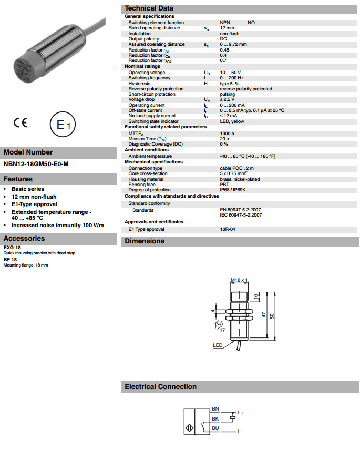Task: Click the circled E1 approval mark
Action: click(63, 125)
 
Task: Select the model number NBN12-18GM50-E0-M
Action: click(36, 164)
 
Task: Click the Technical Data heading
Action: click(149, 8)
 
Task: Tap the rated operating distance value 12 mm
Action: click(227, 28)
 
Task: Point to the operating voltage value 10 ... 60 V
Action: click(231, 73)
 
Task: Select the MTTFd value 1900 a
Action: click(227, 134)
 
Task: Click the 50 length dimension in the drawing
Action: click(272, 315)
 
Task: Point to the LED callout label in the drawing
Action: click(218, 345)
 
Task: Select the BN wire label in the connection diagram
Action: click(215, 408)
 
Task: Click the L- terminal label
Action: click(240, 432)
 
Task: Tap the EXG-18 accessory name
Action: click(12, 247)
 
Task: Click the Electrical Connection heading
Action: click(160, 386)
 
